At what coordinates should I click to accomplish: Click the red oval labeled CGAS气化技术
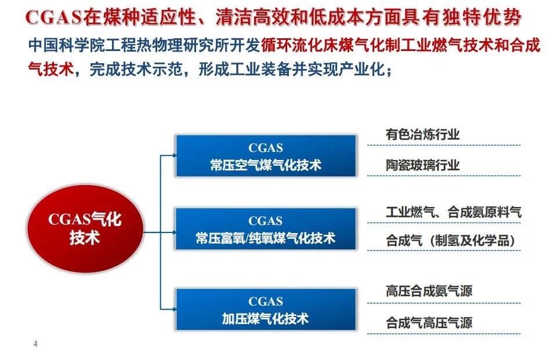85,228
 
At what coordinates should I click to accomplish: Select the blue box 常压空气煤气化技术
266,155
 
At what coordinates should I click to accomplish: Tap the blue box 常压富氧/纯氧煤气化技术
266,229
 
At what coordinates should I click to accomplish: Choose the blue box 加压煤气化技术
266,310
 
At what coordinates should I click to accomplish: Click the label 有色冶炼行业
423,134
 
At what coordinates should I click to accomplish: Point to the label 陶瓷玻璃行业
423,165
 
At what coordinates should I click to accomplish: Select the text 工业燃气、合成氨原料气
454,212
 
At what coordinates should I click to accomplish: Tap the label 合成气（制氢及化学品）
451,241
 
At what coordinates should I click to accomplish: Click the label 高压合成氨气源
429,291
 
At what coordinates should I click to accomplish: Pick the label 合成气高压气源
429,323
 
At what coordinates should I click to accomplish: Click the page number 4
35,343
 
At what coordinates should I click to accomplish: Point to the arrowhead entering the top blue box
174,155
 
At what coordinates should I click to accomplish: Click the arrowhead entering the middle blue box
174,232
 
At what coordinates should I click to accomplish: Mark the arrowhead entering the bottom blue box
174,309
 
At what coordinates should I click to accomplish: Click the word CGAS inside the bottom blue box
266,301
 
